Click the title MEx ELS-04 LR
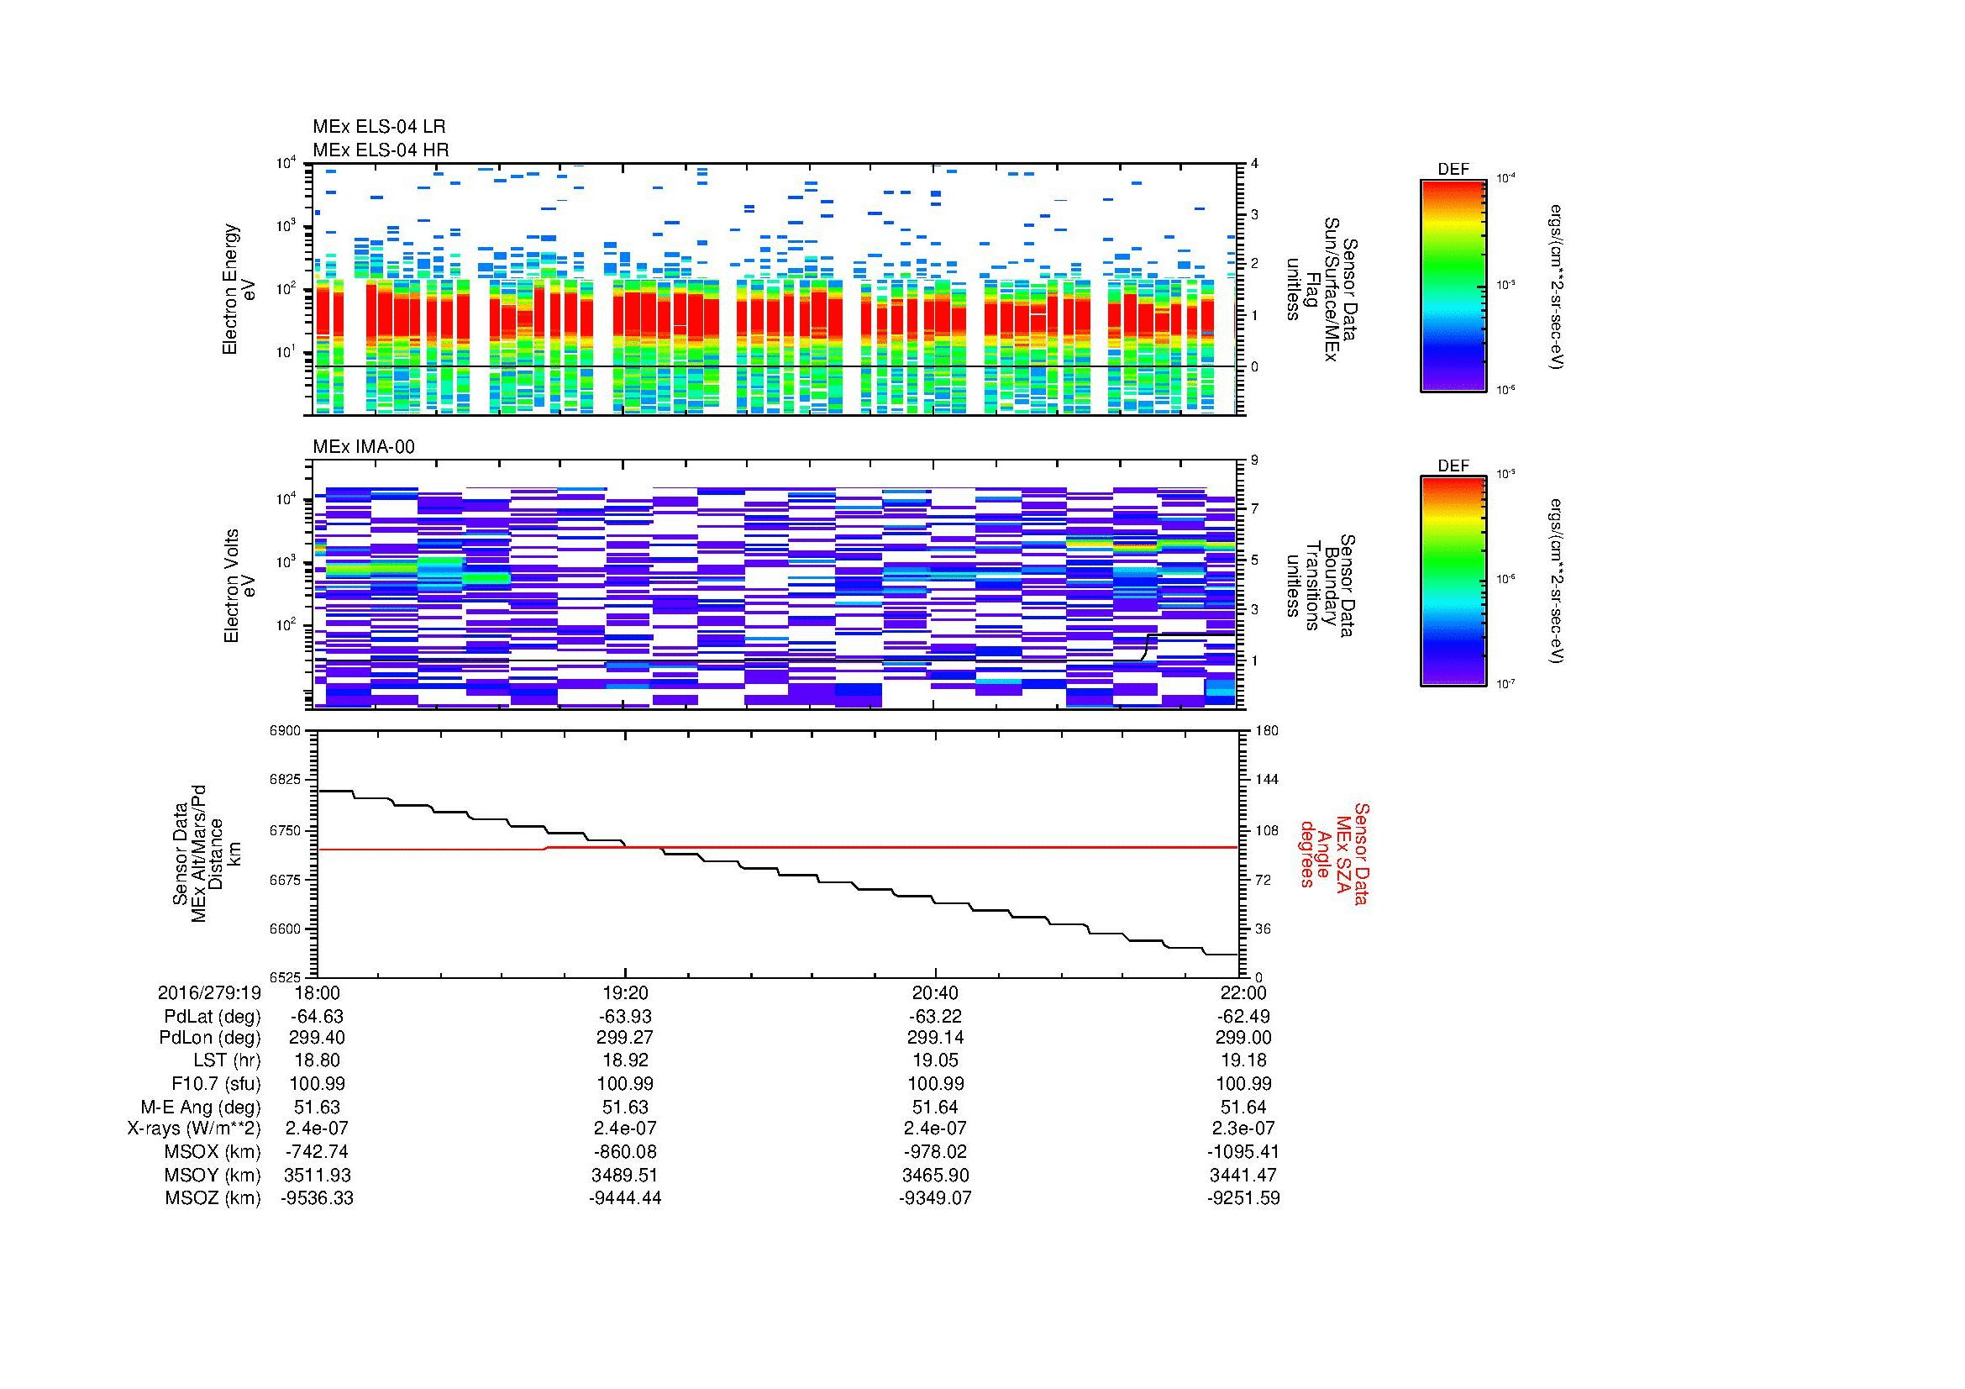pyautogui.click(x=378, y=128)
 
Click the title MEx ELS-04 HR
pyautogui.click(x=380, y=150)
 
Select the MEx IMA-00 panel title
pyautogui.click(x=364, y=447)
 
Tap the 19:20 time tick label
pyautogui.click(x=625, y=992)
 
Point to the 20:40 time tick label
pyautogui.click(x=935, y=992)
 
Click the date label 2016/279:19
pyautogui.click(x=209, y=992)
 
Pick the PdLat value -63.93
pyautogui.click(x=625, y=1017)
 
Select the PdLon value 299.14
pyautogui.click(x=935, y=1038)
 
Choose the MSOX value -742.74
pyautogui.click(x=317, y=1152)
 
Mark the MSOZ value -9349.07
pyautogui.click(x=935, y=1198)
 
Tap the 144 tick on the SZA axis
pyautogui.click(x=1266, y=780)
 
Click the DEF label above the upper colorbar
pyautogui.click(x=1453, y=170)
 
